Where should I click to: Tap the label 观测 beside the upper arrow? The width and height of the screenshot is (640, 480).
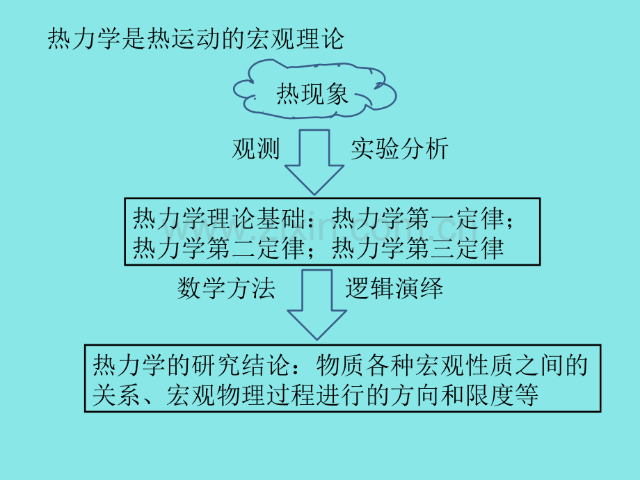[x=256, y=149]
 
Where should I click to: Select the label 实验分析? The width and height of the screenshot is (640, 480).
[x=399, y=149]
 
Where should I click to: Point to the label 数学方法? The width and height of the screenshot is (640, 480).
[x=226, y=289]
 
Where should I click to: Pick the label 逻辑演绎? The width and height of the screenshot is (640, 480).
[x=394, y=289]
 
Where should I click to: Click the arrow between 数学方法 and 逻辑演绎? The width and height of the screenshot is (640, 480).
[x=317, y=305]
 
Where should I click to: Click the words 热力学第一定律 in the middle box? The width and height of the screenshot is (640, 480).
[x=418, y=218]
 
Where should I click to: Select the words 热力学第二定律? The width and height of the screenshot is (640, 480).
[x=218, y=248]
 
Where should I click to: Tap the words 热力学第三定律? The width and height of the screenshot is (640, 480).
[x=418, y=248]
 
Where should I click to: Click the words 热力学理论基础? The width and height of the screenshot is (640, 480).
[x=218, y=218]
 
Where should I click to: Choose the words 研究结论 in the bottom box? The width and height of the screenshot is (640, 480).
[x=241, y=365]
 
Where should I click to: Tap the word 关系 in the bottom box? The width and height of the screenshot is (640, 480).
[x=117, y=394]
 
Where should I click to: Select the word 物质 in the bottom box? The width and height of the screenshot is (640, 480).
[x=340, y=365]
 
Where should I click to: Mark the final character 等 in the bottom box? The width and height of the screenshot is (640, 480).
[x=526, y=394]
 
